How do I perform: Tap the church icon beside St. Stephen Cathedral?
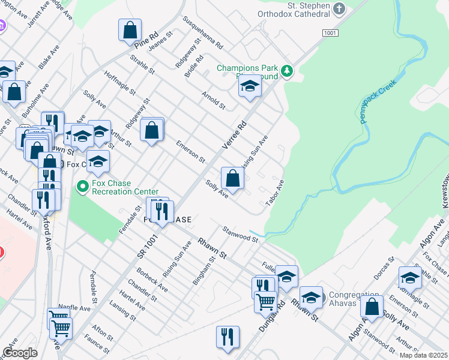pyautogui.click(x=339, y=9)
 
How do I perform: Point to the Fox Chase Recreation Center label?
pyautogui.click(x=125, y=187)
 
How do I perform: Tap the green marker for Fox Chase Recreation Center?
pyautogui.click(x=83, y=188)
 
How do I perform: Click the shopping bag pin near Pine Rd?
pyautogui.click(x=130, y=30)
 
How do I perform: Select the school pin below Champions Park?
pyautogui.click(x=250, y=86)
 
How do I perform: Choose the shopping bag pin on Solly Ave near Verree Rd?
pyautogui.click(x=232, y=178)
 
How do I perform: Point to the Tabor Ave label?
pyautogui.click(x=274, y=192)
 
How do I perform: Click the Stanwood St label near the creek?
pyautogui.click(x=240, y=234)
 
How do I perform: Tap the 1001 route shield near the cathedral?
pyautogui.click(x=329, y=33)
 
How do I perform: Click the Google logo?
pyautogui.click(x=20, y=353)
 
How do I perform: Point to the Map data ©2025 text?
pyautogui.click(x=423, y=355)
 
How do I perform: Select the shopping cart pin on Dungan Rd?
pyautogui.click(x=265, y=301)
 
